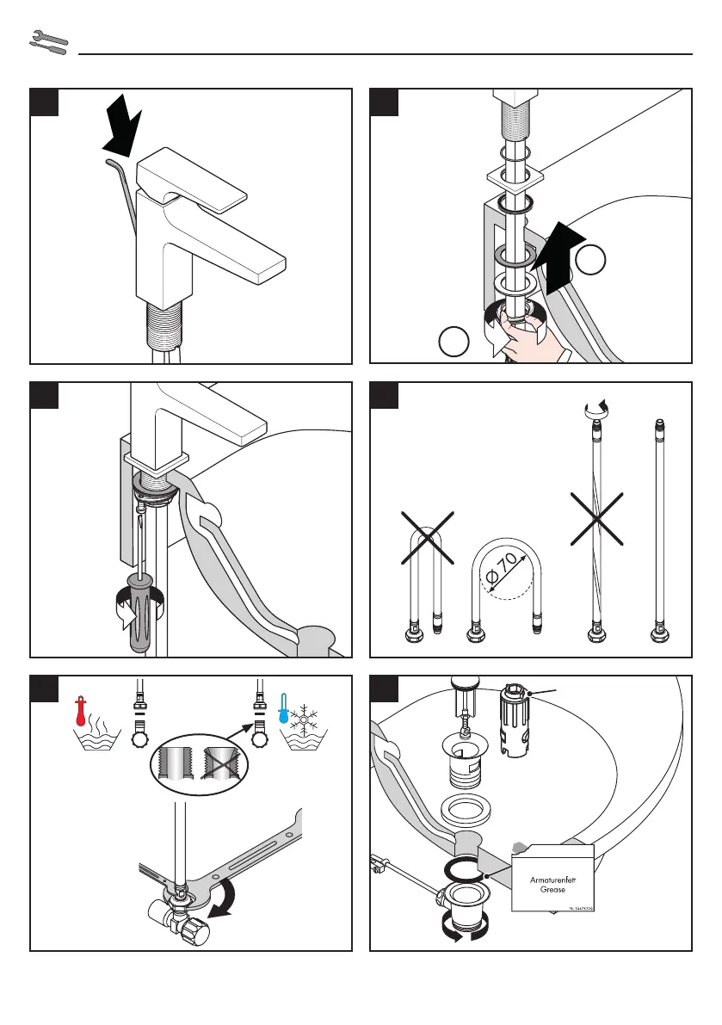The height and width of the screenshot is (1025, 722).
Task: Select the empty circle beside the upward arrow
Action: tap(590, 261)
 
